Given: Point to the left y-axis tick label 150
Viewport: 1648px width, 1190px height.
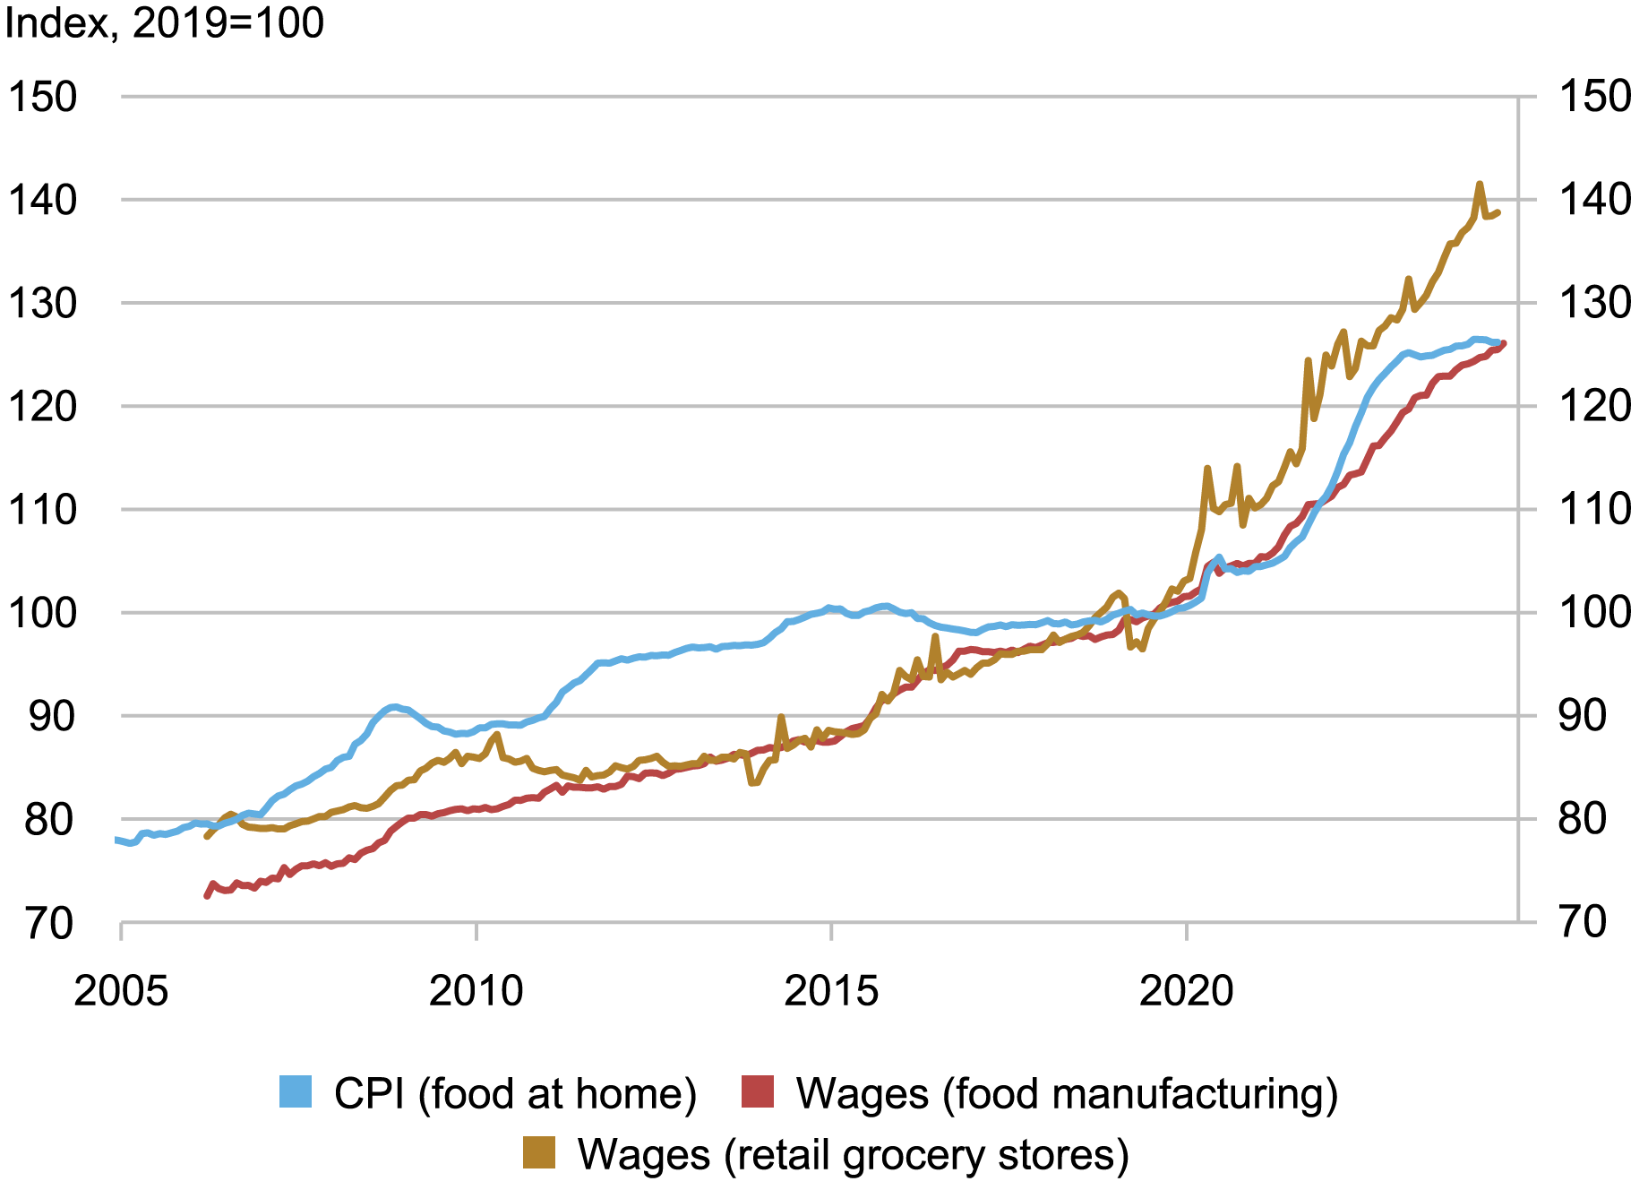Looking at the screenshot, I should [43, 97].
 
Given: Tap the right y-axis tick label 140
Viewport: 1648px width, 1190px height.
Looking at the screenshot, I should [1595, 199].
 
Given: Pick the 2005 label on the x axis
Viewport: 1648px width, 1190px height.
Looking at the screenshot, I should [121, 990].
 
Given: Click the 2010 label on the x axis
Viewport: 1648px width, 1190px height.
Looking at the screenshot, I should [476, 990].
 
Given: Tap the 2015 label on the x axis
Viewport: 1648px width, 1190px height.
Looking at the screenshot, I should [831, 990].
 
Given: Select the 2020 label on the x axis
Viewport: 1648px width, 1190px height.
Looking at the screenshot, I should [1186, 990].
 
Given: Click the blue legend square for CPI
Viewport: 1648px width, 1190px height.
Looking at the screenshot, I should [296, 1092].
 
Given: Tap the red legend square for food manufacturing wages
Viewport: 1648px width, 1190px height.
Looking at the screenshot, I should [758, 1092].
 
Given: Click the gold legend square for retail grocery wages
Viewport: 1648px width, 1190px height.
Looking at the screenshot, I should [539, 1153].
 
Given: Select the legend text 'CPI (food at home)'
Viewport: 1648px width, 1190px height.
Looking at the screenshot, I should [515, 1093].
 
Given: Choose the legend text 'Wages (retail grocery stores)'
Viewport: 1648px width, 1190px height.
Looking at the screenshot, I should [853, 1154].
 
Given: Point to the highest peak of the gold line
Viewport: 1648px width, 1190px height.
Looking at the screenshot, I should [1479, 185].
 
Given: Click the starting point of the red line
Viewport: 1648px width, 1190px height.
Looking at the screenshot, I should [207, 895].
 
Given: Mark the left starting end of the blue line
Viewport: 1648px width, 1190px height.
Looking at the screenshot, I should [116, 840].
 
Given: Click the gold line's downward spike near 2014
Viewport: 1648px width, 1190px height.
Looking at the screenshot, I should [752, 783].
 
